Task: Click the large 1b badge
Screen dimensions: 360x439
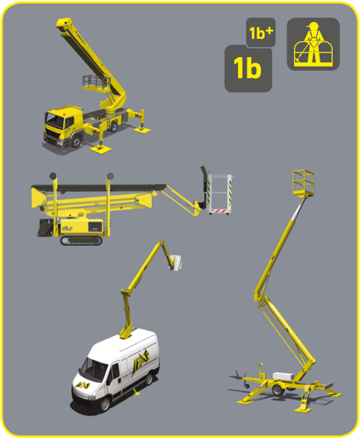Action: (248, 68)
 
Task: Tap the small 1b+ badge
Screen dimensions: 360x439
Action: (261, 32)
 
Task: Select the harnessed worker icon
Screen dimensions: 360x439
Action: (313, 44)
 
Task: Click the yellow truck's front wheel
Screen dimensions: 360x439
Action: (76, 141)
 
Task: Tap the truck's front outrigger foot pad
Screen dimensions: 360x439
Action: (101, 149)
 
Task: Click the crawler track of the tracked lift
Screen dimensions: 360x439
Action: (81, 241)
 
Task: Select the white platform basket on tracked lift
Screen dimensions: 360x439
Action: (220, 194)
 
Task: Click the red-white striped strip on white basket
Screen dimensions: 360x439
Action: (220, 211)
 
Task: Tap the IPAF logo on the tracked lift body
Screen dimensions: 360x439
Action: (67, 228)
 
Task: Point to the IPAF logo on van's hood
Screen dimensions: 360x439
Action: (83, 385)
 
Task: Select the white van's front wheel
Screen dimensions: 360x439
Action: (104, 404)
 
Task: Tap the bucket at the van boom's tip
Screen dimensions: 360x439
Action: (176, 263)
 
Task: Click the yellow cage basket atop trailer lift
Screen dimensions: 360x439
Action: (303, 183)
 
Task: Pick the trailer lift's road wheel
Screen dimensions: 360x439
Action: (277, 390)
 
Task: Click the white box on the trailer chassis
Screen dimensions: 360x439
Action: (284, 376)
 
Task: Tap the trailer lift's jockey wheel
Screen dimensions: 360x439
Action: (247, 385)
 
